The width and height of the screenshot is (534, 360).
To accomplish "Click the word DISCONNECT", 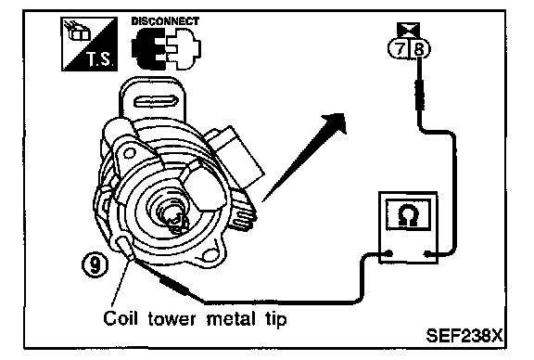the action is [165, 21].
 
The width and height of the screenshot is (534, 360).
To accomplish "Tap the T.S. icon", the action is [89, 44].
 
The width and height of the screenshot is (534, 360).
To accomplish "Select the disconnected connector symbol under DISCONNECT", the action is [166, 49].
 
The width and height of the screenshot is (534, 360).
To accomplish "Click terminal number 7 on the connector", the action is [400, 49].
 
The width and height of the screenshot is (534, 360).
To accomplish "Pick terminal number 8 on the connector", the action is [419, 50].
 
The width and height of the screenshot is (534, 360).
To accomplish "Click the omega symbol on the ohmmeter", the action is [408, 215].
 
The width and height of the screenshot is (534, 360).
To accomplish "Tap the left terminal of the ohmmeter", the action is [389, 253].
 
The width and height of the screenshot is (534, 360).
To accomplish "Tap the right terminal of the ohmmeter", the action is [427, 253].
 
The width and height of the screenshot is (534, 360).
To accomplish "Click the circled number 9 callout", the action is [95, 264].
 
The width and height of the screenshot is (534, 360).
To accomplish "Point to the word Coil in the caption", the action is [121, 318].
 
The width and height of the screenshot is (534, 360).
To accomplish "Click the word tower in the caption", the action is [172, 319].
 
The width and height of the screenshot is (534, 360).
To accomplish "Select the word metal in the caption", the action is [231, 319].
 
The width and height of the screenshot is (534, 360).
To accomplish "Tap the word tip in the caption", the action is [276, 320].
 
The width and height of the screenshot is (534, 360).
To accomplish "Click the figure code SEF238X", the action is [464, 336].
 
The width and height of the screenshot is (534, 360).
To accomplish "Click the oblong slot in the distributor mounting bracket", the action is [155, 102].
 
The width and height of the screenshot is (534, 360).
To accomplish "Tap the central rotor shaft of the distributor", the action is [173, 216].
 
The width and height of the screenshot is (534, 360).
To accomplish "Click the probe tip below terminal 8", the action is [420, 95].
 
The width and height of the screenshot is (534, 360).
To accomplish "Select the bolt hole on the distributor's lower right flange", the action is [210, 254].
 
